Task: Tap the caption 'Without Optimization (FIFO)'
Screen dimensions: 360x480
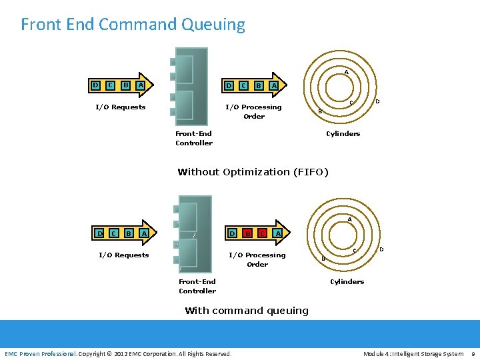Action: (253, 172)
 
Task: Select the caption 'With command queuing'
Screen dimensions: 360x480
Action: (247, 311)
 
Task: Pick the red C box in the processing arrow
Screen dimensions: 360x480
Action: (263, 233)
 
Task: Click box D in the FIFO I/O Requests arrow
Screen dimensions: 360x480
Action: (96, 85)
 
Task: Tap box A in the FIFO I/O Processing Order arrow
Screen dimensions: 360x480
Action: (273, 86)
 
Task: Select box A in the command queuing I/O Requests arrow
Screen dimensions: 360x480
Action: (144, 233)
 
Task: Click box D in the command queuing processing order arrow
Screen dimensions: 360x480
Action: (232, 233)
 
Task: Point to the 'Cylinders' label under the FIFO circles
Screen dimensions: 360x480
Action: (343, 134)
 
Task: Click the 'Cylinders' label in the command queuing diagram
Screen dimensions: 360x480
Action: (347, 282)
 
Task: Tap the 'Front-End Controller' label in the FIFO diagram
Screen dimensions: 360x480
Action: (194, 138)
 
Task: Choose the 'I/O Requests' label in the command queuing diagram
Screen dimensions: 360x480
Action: (123, 255)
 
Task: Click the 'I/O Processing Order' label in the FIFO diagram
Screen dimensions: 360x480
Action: (254, 111)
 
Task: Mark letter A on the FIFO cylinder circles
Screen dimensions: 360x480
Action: (346, 71)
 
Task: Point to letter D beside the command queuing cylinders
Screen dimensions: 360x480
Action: (381, 249)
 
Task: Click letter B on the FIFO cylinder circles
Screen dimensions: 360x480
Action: (320, 111)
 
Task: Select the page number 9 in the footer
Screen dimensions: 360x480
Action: (473, 353)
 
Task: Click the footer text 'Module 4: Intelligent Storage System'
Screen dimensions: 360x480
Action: (413, 353)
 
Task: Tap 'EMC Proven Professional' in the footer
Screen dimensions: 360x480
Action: (40, 353)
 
